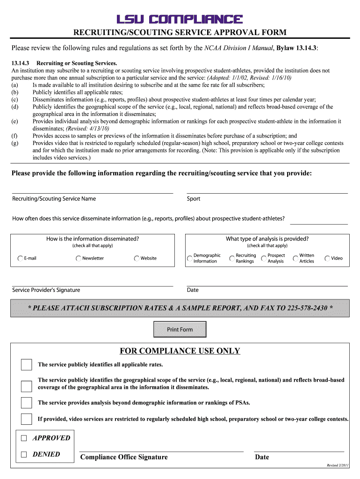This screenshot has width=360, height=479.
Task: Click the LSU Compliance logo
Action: pos(180,19)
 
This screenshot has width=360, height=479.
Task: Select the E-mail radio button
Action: pos(20,259)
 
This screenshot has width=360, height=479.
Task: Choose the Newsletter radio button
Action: pos(78,259)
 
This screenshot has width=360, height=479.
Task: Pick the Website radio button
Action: pos(137,259)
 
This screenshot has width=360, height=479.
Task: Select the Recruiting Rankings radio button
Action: pos(232,259)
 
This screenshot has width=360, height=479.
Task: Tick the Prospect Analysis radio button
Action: pos(264,259)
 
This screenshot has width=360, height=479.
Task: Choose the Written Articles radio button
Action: pos(295,259)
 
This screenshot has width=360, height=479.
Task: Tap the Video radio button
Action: pos(327,259)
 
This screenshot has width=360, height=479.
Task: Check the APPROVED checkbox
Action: pos(24,438)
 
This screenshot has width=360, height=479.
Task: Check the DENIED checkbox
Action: pos(24,455)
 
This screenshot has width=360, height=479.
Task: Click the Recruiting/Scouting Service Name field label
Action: pos(54,199)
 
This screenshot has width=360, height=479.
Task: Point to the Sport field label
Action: pos(194,199)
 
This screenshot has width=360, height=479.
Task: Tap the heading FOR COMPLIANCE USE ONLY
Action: pos(180,351)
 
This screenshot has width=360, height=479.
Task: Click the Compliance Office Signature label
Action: pos(124,457)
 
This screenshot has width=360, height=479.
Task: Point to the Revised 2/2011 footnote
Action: pos(338,466)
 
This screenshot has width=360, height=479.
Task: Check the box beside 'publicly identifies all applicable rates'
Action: pos(27,365)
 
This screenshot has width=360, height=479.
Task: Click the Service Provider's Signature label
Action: pos(46,290)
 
